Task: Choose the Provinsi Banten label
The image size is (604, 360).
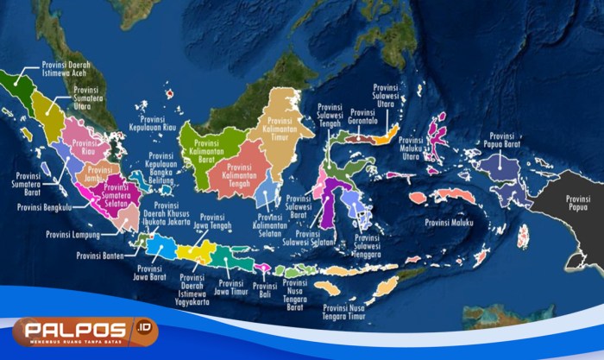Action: point(101,255)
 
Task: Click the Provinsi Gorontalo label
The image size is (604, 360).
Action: point(362,119)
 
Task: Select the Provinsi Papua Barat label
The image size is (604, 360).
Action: point(508,140)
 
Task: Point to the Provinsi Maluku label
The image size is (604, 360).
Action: point(453,224)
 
